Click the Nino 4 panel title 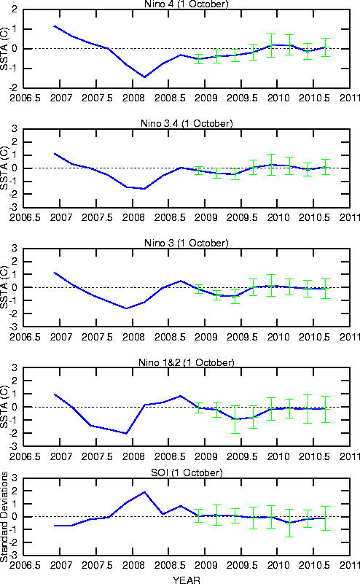186,4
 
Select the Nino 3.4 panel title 187,123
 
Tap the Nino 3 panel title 186,243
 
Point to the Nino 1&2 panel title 186,362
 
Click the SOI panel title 187,472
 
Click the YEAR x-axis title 186,580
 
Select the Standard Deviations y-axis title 4,517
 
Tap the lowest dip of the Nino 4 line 144,77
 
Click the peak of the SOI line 144,492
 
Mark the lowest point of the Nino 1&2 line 126,434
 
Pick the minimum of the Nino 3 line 126,308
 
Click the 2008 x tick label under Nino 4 133,98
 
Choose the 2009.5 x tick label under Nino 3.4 242,217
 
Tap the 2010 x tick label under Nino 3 278,337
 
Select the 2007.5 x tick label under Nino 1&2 97,456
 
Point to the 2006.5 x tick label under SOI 25,565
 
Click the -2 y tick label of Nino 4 14,88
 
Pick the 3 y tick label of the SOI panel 15,478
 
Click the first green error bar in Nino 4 199,59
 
